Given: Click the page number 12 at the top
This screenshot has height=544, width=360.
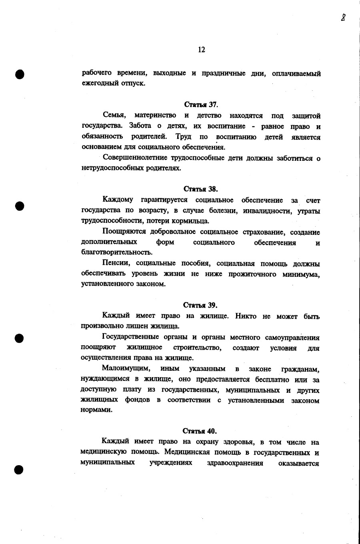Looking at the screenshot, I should click(x=201, y=50).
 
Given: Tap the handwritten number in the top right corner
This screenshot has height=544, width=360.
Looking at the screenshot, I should click(x=343, y=17).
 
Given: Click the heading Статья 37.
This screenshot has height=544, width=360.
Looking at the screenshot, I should click(x=201, y=105).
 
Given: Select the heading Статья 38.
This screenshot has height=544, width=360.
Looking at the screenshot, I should click(x=201, y=189).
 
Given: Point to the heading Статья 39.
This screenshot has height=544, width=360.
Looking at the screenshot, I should click(x=200, y=305).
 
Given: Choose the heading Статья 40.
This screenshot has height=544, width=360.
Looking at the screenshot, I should click(x=200, y=431).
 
